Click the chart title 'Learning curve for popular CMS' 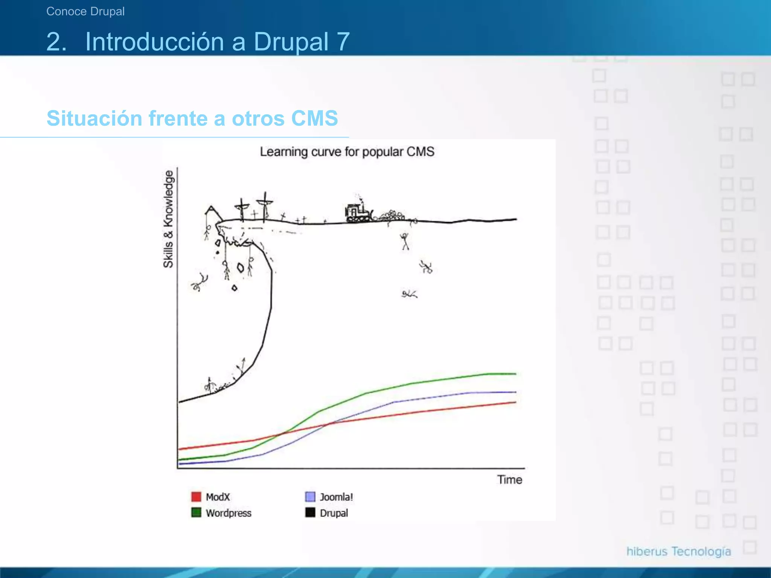pyautogui.click(x=347, y=152)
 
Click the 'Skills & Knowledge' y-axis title pyautogui.click(x=168, y=219)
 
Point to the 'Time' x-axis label pyautogui.click(x=509, y=480)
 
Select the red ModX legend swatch pyautogui.click(x=196, y=497)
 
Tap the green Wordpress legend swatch pyautogui.click(x=196, y=513)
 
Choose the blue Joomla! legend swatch pyautogui.click(x=310, y=497)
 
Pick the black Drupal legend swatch pyautogui.click(x=310, y=513)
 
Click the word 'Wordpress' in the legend pyautogui.click(x=229, y=513)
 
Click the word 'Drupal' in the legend pyautogui.click(x=334, y=513)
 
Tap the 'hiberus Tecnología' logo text pyautogui.click(x=678, y=551)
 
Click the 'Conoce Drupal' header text pyautogui.click(x=85, y=11)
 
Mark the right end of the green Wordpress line pyautogui.click(x=515, y=374)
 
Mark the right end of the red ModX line pyautogui.click(x=515, y=402)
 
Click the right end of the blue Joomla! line pyautogui.click(x=515, y=392)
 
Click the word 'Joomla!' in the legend pyautogui.click(x=336, y=497)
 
